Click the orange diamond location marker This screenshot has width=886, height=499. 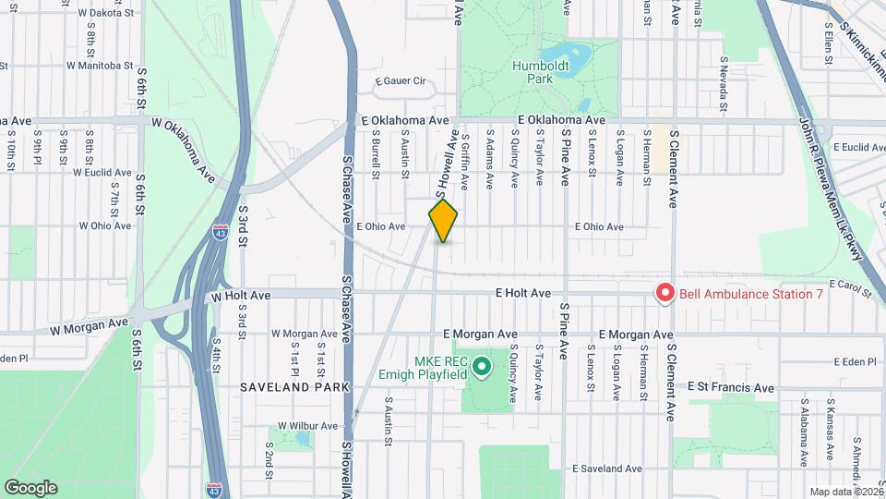444,221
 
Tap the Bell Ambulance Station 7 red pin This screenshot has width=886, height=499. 664,293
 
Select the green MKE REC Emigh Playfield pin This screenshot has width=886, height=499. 481,369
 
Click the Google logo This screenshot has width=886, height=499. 30,487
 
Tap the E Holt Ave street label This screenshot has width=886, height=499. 522,293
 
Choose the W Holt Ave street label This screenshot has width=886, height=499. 241,297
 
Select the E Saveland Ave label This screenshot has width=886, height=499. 606,469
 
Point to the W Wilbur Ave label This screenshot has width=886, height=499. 305,426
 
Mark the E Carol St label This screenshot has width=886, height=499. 850,286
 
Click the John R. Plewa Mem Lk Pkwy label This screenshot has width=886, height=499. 832,189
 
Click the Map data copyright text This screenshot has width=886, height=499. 845,491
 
